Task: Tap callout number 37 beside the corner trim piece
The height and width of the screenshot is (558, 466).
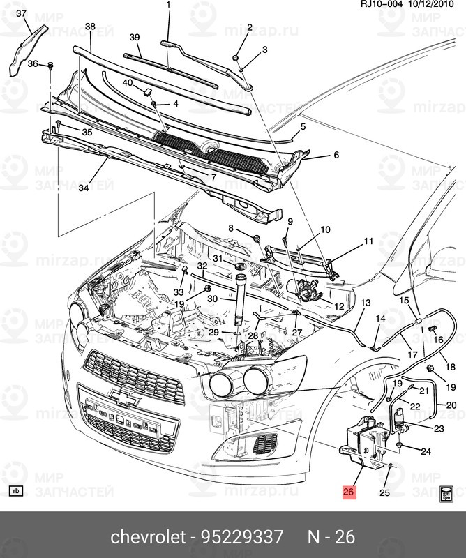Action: [x=20, y=13]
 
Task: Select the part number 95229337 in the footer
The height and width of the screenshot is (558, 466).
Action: [x=242, y=537]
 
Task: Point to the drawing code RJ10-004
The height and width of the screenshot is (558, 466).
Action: [x=380, y=6]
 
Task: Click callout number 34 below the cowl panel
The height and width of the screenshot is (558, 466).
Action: [x=84, y=188]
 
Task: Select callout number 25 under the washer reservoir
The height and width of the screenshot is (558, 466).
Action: [x=384, y=493]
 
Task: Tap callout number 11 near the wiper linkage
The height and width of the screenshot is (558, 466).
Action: [x=368, y=241]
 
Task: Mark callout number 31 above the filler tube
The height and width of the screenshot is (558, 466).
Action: [x=218, y=259]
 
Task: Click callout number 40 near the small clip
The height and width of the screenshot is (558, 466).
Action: [x=128, y=83]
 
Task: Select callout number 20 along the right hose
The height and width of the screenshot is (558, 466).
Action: [x=451, y=405]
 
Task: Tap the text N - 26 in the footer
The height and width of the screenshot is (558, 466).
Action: [x=331, y=537]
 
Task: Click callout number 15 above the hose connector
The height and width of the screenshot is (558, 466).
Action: [x=404, y=300]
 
